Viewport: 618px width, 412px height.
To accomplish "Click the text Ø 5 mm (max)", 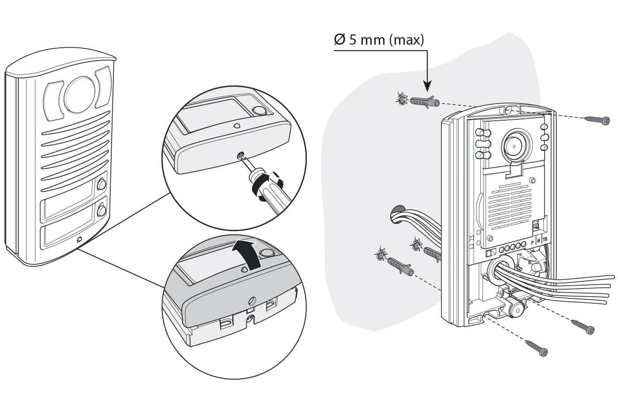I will [x=379, y=40].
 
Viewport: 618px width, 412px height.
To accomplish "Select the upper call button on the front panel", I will [x=102, y=183].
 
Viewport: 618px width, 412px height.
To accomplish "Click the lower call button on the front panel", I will [x=102, y=210].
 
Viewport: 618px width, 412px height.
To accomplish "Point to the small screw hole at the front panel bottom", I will [x=79, y=240].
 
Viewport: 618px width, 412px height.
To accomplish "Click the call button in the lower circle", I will [x=267, y=253].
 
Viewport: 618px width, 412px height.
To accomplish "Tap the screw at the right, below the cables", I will [x=583, y=327].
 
